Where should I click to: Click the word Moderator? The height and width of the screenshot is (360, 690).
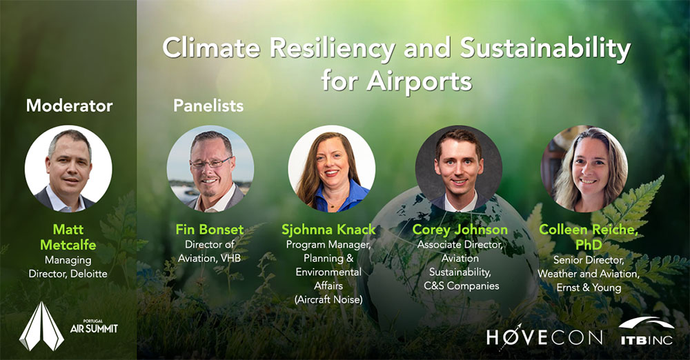click(x=70, y=106)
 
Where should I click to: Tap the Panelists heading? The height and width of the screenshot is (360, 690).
click(x=208, y=106)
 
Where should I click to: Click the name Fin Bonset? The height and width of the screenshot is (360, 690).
click(x=210, y=229)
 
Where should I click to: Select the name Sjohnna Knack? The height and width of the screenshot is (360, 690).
click(x=328, y=229)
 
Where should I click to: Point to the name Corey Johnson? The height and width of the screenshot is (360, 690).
click(x=460, y=229)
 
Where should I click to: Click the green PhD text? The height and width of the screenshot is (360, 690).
click(x=589, y=244)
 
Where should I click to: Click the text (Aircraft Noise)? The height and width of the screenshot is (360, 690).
click(x=328, y=300)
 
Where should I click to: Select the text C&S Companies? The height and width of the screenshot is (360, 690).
click(x=461, y=286)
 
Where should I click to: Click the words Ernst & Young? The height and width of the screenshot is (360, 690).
click(x=589, y=288)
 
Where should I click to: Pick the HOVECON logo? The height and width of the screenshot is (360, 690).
click(x=544, y=337)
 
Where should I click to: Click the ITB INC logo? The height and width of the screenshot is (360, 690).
click(x=647, y=332)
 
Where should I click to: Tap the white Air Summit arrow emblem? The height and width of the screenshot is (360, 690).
click(x=42, y=326)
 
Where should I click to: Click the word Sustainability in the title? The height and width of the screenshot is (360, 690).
click(x=546, y=49)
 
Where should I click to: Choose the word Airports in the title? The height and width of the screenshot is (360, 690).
click(x=419, y=81)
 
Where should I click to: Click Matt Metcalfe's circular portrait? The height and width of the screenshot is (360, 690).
click(x=68, y=168)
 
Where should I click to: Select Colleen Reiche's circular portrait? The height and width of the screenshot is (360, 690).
click(x=584, y=168)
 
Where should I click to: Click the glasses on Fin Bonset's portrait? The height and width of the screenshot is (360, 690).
click(x=210, y=163)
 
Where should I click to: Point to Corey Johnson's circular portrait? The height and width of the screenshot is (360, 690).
click(x=459, y=168)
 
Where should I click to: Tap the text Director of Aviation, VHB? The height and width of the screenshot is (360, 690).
click(x=210, y=251)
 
